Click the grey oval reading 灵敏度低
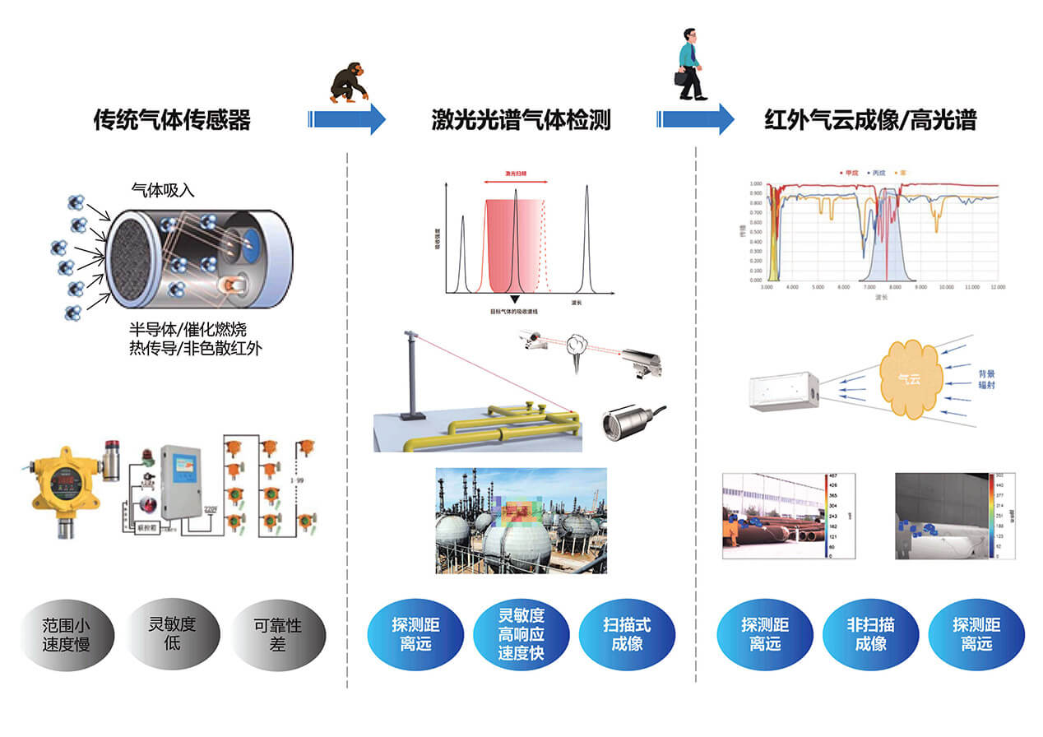point(172,633)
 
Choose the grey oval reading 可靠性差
point(278,634)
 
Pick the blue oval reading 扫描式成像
point(626,634)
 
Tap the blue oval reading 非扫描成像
point(870,634)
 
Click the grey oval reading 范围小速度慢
point(66,634)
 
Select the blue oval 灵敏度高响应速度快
point(521,634)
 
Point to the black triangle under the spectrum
point(515,300)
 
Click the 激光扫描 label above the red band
point(516,174)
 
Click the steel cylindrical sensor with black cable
point(623,424)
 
